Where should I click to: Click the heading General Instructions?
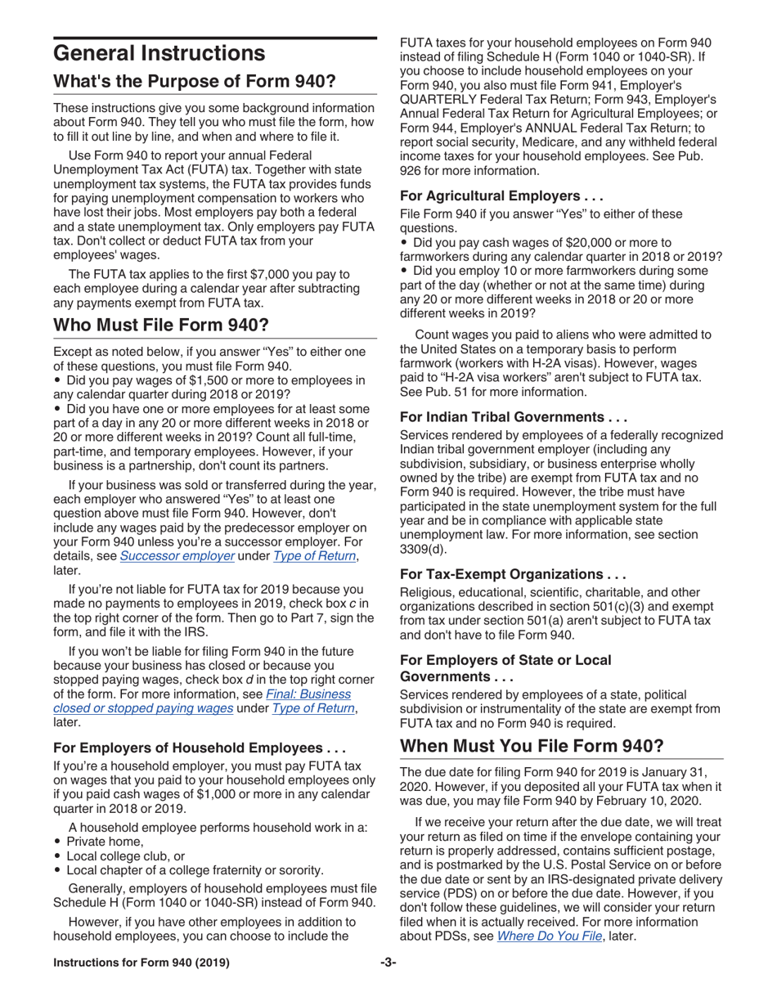pos(159,54)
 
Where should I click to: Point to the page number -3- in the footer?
pos(388,963)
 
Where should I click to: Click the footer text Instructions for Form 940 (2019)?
pos(141,963)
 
